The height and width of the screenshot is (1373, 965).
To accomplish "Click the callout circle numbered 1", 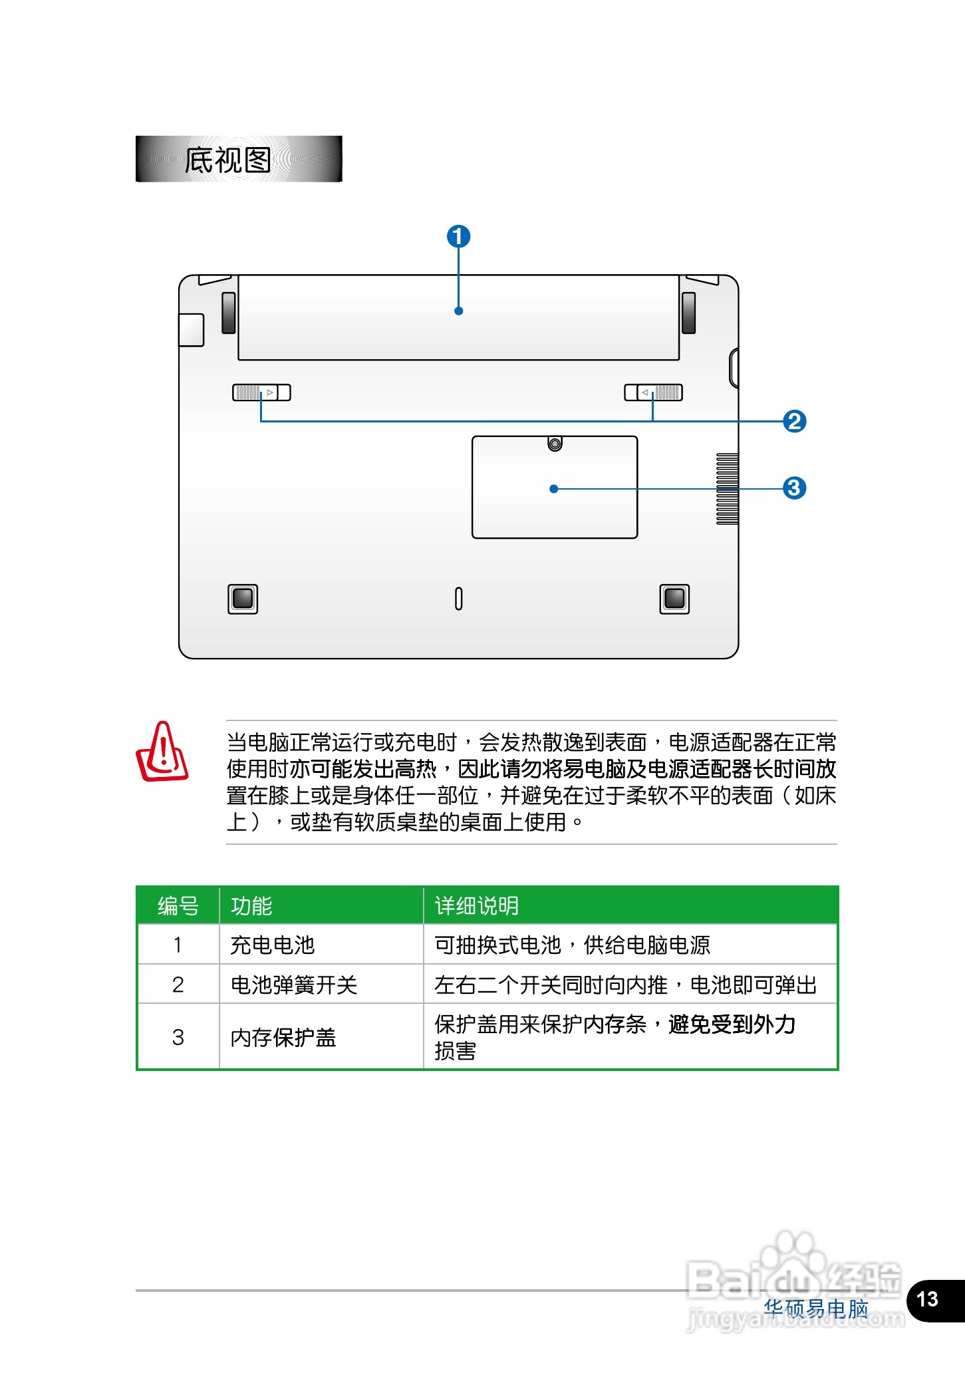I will [x=458, y=236].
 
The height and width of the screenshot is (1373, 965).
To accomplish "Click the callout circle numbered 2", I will [x=794, y=421].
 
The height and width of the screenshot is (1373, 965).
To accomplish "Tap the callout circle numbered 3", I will [x=794, y=488].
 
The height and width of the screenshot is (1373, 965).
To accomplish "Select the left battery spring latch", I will [x=261, y=392].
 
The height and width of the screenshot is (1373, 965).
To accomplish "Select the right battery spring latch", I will [x=653, y=392].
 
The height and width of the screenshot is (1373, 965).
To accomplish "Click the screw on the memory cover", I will [x=555, y=444].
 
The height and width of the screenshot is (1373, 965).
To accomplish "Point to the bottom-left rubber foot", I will [x=243, y=599].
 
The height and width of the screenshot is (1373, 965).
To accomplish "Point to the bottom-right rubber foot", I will [x=674, y=599].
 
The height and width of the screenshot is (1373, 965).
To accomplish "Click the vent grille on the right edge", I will [x=727, y=489].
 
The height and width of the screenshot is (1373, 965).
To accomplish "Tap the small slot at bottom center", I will [x=458, y=599].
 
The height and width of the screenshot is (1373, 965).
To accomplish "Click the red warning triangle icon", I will [x=162, y=752].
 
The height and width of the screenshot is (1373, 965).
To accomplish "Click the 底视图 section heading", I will [x=228, y=160].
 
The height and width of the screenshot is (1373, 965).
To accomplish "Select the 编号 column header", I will [x=178, y=906].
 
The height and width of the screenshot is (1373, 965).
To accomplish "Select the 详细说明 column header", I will [x=476, y=906].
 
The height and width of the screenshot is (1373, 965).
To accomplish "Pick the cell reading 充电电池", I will [x=272, y=945].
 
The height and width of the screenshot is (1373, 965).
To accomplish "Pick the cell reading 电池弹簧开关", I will [x=293, y=985].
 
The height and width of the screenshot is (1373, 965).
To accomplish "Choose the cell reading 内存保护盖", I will [x=283, y=1037].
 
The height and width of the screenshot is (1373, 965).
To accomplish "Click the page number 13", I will [x=927, y=1299].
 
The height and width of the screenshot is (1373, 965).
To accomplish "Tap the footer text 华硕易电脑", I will [x=816, y=1308].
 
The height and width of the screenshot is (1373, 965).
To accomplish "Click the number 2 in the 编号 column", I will [x=178, y=985].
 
